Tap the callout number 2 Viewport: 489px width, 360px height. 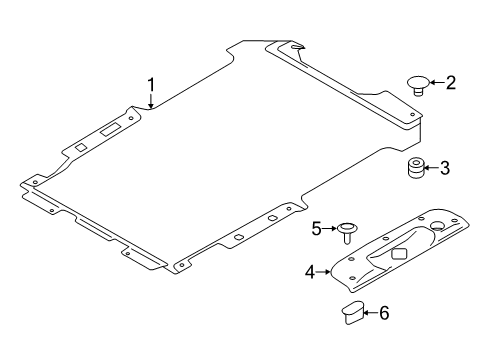[450, 82]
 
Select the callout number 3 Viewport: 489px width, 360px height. [446, 168]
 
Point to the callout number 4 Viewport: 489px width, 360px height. [312, 270]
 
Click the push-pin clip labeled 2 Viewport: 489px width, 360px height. [418, 81]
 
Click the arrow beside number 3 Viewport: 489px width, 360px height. [432, 168]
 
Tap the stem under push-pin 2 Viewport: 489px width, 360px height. [418, 90]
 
